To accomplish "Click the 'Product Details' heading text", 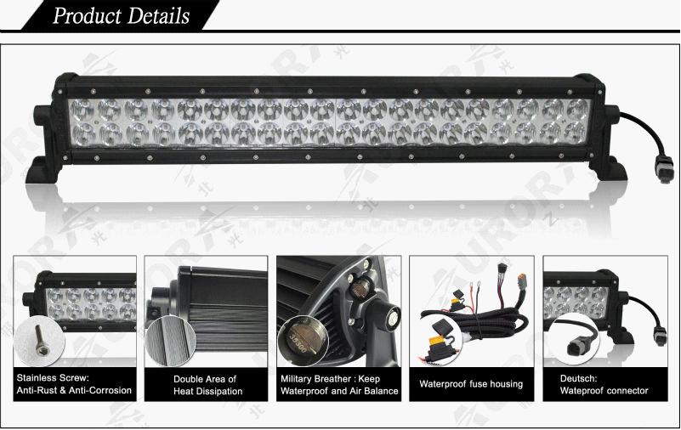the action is point(122,15).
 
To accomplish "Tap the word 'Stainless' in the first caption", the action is point(37,378).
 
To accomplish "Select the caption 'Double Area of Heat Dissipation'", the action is point(207,385).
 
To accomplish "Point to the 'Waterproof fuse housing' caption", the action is point(471,384).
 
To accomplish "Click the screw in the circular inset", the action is point(42,341).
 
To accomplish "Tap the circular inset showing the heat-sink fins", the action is point(170,341).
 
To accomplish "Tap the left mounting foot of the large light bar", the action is point(43,170).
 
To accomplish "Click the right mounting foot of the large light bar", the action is point(609,169).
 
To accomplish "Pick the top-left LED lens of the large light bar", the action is point(82,110).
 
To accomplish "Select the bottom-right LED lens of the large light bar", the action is point(576,133).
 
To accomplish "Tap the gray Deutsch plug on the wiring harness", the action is point(523,281).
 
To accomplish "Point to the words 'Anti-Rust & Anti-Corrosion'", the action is point(74,390).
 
